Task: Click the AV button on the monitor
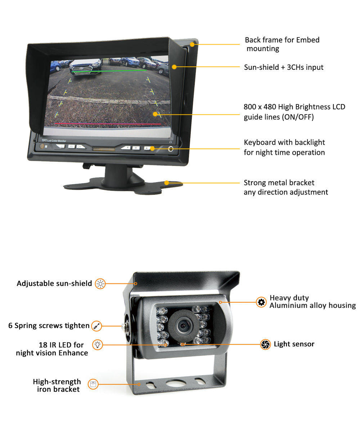tap(72, 147)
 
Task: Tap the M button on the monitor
tap(136, 148)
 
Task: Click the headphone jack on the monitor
tap(171, 149)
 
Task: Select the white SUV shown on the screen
tap(85, 66)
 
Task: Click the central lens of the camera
tap(182, 325)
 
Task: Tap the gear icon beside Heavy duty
tap(261, 302)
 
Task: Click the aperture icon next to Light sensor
tap(265, 345)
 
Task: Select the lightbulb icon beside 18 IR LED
tap(98, 345)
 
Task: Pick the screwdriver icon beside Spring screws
tap(96, 326)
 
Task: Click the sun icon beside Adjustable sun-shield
tap(100, 284)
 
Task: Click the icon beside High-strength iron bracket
tap(93, 384)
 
